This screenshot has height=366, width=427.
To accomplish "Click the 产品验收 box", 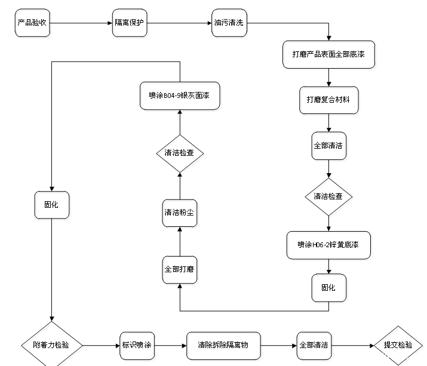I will (33, 24).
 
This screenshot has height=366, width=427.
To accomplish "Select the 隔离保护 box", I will (130, 24).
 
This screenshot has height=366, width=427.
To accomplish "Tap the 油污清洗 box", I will (229, 24).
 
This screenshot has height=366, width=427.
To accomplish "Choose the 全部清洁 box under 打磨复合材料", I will (328, 146).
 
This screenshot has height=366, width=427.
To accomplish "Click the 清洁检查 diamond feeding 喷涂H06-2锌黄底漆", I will (328, 196).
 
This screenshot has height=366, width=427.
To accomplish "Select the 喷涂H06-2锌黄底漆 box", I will (328, 245).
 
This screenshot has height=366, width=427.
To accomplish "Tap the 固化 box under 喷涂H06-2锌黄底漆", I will (328, 288).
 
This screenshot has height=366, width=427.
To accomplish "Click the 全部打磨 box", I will (179, 269).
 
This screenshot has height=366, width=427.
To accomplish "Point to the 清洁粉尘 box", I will (179, 213).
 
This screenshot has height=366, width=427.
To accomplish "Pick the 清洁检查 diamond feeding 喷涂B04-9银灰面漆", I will (179, 153).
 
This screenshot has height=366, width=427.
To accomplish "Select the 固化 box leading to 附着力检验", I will (52, 205).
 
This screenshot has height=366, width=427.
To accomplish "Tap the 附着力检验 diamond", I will (53, 345).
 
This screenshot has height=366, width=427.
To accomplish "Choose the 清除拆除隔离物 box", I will (223, 345).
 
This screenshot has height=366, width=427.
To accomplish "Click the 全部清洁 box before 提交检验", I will (314, 345).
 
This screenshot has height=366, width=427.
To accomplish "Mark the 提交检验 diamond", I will (397, 345).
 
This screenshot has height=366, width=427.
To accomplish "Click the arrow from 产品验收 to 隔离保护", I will (81, 24).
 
